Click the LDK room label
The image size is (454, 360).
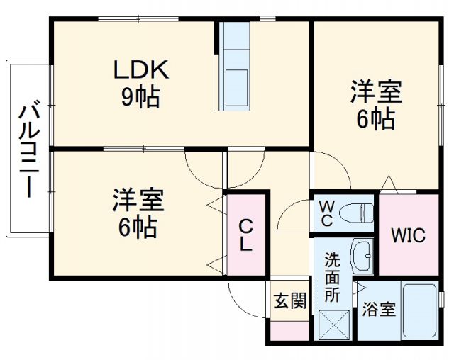point(141,71)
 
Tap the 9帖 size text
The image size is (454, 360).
point(140,96)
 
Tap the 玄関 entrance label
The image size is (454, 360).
point(290,301)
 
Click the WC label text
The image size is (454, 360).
point(326,213)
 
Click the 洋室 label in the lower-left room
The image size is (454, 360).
point(138,201)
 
